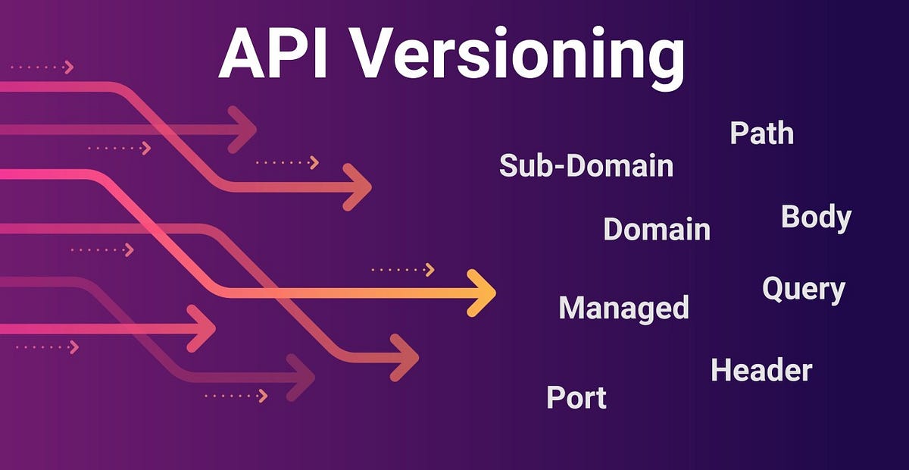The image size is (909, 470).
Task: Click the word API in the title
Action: (x=275, y=54)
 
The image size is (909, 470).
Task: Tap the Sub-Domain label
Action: (x=586, y=164)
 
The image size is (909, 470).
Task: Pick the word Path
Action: (x=761, y=133)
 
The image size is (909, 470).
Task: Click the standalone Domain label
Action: (x=657, y=228)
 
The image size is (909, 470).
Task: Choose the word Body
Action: (x=816, y=218)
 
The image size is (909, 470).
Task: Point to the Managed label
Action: (x=623, y=308)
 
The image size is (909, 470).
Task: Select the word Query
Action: (x=803, y=290)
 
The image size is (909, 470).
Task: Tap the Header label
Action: (x=761, y=370)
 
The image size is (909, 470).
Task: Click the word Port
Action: (x=576, y=397)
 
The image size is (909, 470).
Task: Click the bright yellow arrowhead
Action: (x=482, y=292)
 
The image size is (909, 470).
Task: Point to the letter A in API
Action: (x=241, y=54)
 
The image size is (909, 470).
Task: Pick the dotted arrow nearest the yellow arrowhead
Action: (x=403, y=269)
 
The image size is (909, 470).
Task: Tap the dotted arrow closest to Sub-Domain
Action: (x=288, y=162)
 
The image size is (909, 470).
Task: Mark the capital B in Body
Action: (x=790, y=217)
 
